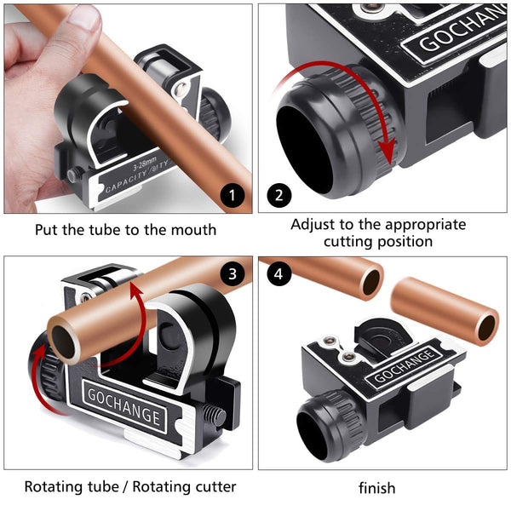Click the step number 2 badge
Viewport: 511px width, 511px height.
tap(278, 195)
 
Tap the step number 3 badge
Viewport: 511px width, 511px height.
tap(232, 275)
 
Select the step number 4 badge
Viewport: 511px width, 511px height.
tap(278, 275)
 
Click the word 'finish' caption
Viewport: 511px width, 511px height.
tap(376, 488)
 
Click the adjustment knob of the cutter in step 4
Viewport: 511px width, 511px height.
tap(324, 426)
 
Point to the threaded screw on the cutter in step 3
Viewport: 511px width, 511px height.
tap(215, 418)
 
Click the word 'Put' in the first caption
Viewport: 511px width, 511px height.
tap(46, 230)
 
